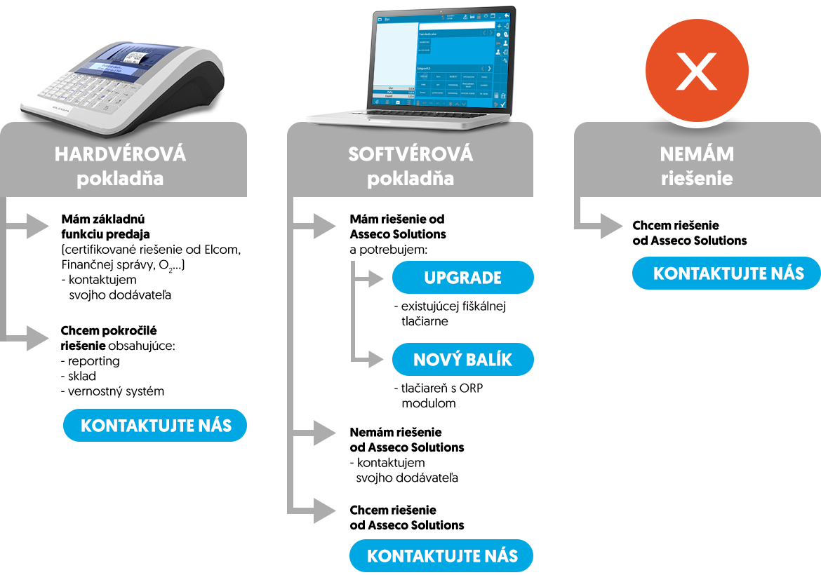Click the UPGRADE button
[462, 278]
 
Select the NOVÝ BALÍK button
[462, 360]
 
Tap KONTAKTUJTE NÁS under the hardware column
[155, 425]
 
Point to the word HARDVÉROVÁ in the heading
[120, 154]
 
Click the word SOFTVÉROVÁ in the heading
[410, 154]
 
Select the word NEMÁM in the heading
[696, 154]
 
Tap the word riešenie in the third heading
[696, 178]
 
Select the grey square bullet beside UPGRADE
[375, 278]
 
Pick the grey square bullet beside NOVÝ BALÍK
[375, 360]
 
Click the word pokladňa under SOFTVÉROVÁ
[410, 178]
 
